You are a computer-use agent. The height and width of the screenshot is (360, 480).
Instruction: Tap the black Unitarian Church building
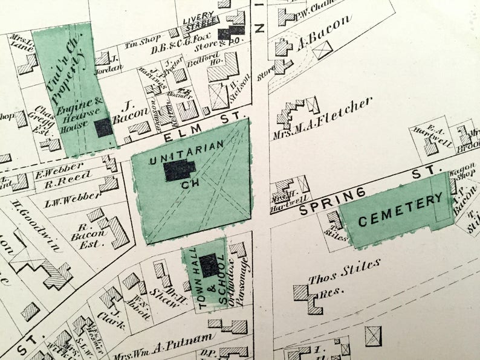point(179,170)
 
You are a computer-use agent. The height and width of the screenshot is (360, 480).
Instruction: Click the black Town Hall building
point(209,266)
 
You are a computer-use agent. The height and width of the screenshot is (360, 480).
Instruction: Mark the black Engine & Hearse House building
point(103,127)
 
